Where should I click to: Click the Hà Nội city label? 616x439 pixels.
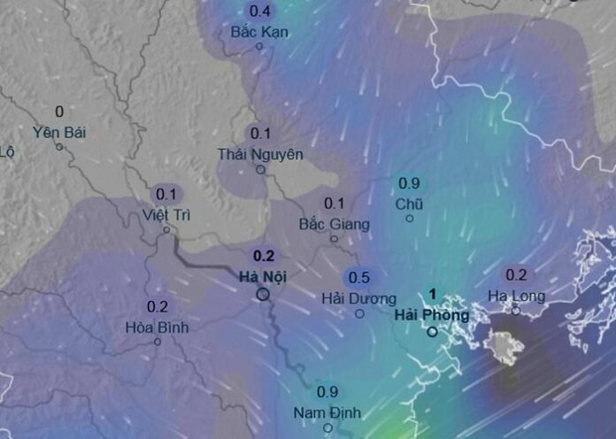pyautogui.click(x=262, y=276)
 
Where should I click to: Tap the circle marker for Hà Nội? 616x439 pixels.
pyautogui.click(x=263, y=293)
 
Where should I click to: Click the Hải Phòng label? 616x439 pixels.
pyautogui.click(x=432, y=315)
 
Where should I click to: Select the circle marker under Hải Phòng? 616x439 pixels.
pyautogui.click(x=432, y=332)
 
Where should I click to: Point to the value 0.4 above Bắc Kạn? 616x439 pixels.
pyautogui.click(x=260, y=12)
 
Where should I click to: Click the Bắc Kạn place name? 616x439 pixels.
pyautogui.click(x=259, y=32)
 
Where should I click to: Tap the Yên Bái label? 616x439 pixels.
pyautogui.click(x=59, y=132)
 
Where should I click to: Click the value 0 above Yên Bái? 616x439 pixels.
pyautogui.click(x=59, y=112)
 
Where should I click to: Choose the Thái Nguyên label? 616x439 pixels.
pyautogui.click(x=260, y=154)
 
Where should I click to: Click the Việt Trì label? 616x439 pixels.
pyautogui.click(x=166, y=214)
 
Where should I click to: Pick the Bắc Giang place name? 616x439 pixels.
pyautogui.click(x=334, y=224)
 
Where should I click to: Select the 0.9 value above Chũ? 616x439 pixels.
pyautogui.click(x=409, y=184)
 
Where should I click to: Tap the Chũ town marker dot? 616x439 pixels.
pyautogui.click(x=409, y=218)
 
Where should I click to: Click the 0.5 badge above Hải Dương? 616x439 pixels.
pyautogui.click(x=359, y=277)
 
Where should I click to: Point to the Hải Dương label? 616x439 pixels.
pyautogui.click(x=359, y=298)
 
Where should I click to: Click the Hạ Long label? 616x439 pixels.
pyautogui.click(x=516, y=296)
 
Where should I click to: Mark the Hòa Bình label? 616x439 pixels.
pyautogui.click(x=157, y=327)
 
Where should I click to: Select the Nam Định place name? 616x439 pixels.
pyautogui.click(x=327, y=412)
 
